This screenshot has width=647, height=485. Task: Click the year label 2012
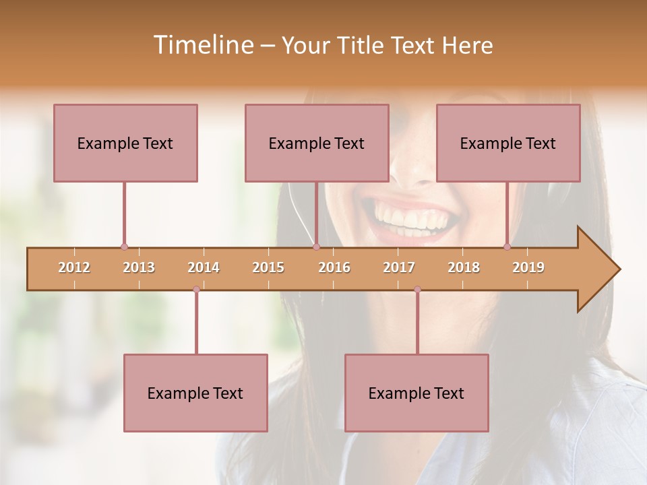coord(74,267)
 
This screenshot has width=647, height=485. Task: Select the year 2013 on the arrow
coord(139,267)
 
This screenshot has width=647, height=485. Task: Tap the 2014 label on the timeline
coord(204,267)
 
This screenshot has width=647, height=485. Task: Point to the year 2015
coord(268,267)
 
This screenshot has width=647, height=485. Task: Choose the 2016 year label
coord(334,267)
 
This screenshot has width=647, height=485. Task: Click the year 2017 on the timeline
coord(399,267)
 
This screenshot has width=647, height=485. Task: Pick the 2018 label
coord(464,267)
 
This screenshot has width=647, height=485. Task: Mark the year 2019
coord(528,267)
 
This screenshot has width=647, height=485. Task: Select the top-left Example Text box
coord(125,143)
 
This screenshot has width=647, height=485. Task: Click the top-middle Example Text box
coord(317,143)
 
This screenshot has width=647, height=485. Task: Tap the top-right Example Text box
coord(508,143)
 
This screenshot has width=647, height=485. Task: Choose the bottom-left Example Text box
coord(195,393)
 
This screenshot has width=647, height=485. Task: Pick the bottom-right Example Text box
coord(417,393)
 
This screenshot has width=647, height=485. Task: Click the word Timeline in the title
coord(203,45)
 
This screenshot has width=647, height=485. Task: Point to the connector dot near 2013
coord(124,247)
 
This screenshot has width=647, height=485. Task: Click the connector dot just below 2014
coord(196,290)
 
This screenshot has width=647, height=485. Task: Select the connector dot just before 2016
coord(316,247)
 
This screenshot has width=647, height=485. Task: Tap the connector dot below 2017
coord(417,290)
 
